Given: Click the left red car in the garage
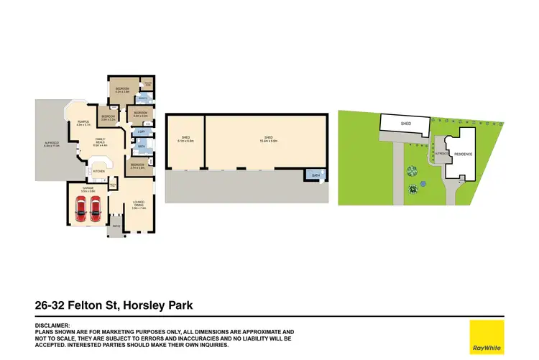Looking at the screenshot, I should point(79,208).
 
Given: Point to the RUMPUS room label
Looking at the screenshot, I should point(84,123).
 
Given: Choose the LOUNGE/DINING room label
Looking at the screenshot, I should point(139,204).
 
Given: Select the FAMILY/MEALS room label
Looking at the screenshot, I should point(100,141).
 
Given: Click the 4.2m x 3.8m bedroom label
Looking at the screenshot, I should point(121,91).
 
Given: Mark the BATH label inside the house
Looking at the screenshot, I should point(142,147).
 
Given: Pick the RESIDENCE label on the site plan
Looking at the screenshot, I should point(462,154).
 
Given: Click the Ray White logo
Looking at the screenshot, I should point(487,336).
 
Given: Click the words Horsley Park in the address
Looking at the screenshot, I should point(158,306).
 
